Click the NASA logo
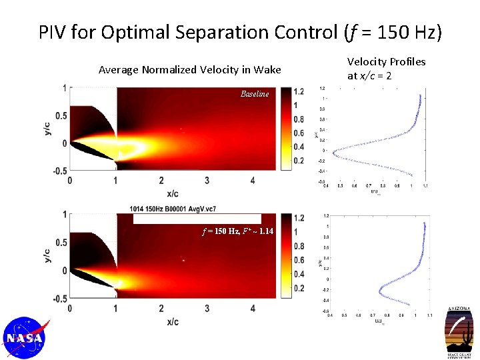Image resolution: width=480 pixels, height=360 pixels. [25, 338]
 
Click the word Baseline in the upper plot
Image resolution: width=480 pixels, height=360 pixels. [255, 94]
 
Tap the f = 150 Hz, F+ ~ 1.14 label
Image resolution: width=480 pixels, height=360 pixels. [238, 231]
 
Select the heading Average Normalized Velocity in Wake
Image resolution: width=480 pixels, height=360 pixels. [189, 69]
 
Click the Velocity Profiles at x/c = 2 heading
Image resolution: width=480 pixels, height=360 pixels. [386, 68]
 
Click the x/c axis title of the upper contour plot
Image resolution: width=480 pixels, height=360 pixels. [172, 193]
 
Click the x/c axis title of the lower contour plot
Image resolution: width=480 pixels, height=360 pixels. [172, 321]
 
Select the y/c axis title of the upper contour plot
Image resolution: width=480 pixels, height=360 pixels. [47, 128]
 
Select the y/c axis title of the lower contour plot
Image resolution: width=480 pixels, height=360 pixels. [47, 255]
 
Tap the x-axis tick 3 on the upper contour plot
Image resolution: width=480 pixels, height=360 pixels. [207, 181]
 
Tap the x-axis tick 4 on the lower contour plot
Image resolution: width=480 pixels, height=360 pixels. [252, 308]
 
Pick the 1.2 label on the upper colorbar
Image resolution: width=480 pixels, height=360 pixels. [298, 91]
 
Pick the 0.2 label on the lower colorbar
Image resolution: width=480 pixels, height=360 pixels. [298, 288]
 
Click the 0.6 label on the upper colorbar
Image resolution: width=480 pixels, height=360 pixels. [298, 133]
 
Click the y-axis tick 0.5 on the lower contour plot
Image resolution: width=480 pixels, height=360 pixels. [61, 243]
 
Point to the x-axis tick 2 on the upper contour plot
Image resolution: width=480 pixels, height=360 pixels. [161, 181]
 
